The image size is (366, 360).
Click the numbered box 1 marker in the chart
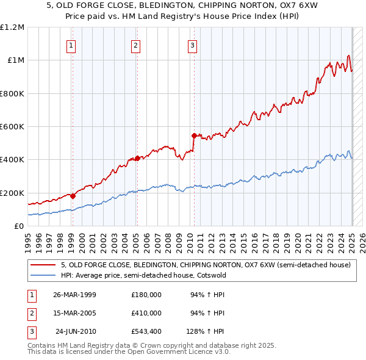click(x=71, y=45)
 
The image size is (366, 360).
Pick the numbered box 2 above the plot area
click(x=135, y=45)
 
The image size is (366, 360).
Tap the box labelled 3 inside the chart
click(x=192, y=45)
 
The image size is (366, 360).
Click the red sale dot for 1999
click(x=73, y=196)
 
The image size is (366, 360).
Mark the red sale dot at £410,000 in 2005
click(x=137, y=158)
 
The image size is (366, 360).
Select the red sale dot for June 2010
click(x=194, y=135)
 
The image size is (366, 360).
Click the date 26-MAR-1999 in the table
click(x=74, y=295)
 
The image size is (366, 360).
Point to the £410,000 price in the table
click(x=146, y=313)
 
